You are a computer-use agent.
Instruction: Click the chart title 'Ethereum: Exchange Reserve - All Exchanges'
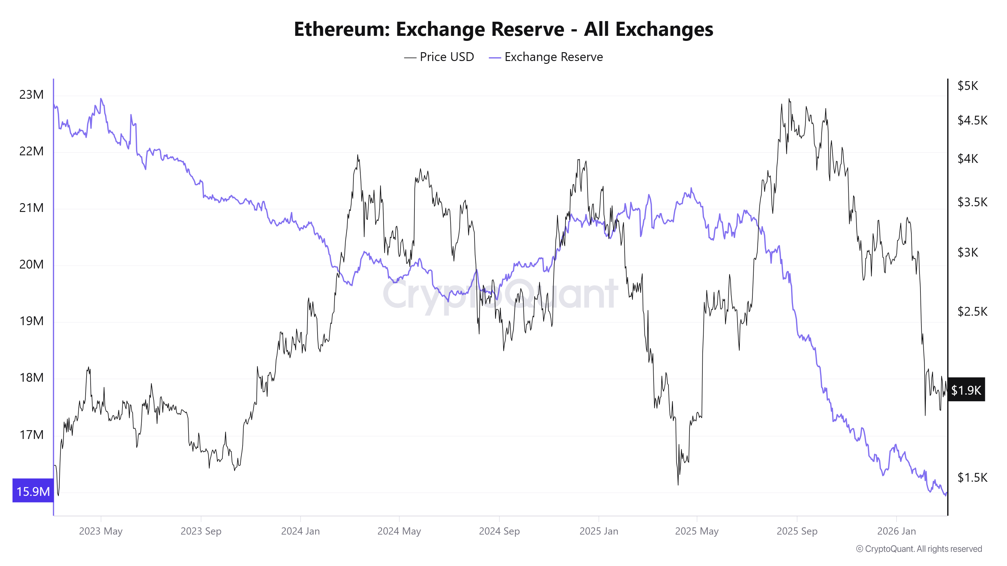coord(503,29)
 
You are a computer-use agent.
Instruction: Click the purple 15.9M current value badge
coord(33,491)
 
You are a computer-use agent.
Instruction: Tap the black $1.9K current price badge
coord(966,390)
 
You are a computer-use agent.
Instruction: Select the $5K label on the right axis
coord(968,86)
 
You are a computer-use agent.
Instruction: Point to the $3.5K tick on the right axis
coord(972,202)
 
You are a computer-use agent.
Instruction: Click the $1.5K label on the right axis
coord(972,477)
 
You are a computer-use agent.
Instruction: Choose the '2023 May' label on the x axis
coord(101,531)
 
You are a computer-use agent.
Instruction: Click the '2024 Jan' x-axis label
coord(300,531)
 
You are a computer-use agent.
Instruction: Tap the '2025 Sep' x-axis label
coord(797,531)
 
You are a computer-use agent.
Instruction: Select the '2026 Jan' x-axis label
coord(896,531)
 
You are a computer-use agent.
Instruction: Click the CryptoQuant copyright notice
coord(919,549)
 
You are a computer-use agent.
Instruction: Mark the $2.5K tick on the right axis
coord(972,311)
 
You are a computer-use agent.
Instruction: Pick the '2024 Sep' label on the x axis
coord(499,531)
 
